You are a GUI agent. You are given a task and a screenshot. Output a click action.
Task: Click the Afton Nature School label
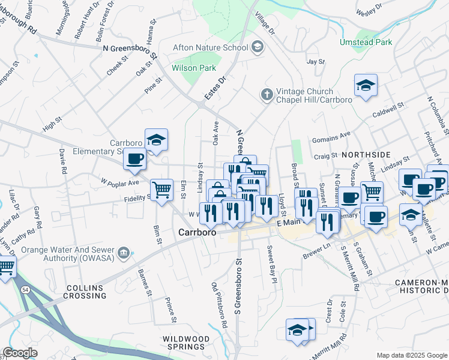(210, 47)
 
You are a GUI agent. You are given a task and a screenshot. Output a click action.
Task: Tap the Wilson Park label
(194, 68)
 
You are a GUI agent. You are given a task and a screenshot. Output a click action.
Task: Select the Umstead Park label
(383, 43)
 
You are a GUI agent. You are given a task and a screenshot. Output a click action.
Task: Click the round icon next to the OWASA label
(124, 253)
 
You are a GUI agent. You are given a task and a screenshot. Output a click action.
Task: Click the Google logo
(20, 352)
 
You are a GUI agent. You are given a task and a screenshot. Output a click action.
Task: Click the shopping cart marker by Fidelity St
(161, 190)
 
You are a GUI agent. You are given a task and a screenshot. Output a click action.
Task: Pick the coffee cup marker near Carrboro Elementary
(135, 160)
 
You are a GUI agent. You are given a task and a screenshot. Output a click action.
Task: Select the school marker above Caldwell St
(365, 86)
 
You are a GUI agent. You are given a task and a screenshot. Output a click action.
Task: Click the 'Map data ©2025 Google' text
(411, 355)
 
